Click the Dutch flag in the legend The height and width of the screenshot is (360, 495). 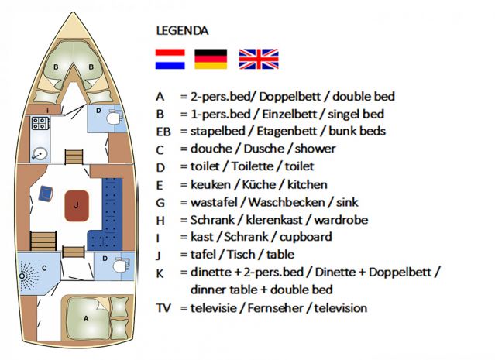170,59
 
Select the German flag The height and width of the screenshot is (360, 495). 211,59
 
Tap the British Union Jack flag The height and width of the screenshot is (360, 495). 259,59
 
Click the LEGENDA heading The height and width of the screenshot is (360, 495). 183,31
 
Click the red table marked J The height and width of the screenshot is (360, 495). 77,206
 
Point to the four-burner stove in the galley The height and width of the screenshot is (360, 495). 40,123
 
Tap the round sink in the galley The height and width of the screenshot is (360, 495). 40,154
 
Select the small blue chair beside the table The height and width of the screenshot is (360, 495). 46,194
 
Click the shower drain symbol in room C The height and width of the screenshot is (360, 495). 22,276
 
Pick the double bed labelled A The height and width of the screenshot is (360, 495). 86,318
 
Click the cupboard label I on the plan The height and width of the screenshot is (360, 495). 48,111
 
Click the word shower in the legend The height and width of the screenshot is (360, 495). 315,149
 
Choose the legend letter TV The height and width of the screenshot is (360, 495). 163,308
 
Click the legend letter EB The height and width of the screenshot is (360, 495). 163,132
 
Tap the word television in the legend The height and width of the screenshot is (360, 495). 341,308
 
